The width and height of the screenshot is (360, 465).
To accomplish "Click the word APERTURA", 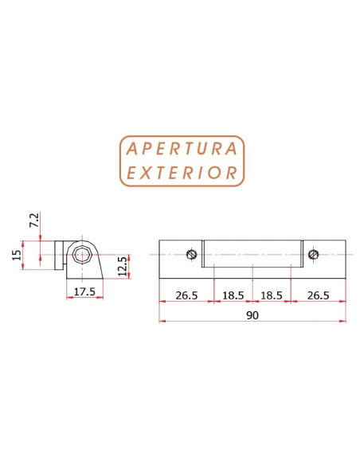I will pyautogui.click(x=181, y=149).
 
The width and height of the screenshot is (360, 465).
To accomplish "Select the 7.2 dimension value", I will pyautogui.click(x=33, y=220).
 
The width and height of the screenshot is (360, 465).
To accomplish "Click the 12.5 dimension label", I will pyautogui.click(x=122, y=264).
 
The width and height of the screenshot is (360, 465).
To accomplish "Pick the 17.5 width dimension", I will pyautogui.click(x=84, y=293).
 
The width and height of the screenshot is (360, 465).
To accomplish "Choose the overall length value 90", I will pyautogui.click(x=252, y=315).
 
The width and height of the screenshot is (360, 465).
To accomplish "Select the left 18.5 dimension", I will pyautogui.click(x=233, y=295).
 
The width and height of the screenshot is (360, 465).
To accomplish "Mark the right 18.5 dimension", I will pyautogui.click(x=272, y=295).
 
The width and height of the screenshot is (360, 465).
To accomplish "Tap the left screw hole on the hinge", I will pyautogui.click(x=191, y=254).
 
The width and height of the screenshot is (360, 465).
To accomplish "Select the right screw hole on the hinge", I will pyautogui.click(x=314, y=254).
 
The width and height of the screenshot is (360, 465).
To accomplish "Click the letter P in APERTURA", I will pyautogui.click(x=148, y=149).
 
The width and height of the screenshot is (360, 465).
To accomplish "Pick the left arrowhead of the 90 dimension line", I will pyautogui.click(x=162, y=321).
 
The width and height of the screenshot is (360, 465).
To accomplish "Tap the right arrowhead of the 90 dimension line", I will pyautogui.click(x=343, y=321).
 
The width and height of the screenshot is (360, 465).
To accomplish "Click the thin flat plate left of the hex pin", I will pyautogui.click(x=59, y=255).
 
